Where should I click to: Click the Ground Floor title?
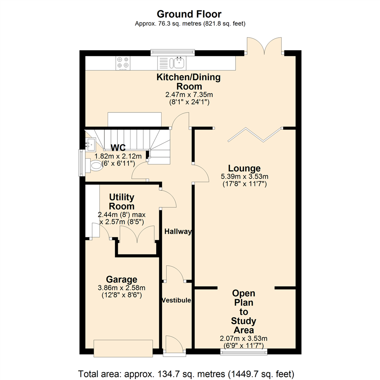(x=189, y=14)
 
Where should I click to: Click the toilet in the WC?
(x=95, y=166)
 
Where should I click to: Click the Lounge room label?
(x=244, y=168)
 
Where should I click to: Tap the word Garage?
(x=112, y=280)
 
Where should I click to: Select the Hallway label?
(x=178, y=232)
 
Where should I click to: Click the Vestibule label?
(x=176, y=300)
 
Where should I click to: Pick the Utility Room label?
(x=121, y=202)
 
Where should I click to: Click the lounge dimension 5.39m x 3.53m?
(x=244, y=176)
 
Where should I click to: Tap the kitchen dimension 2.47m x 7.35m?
(x=189, y=95)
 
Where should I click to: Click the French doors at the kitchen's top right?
(x=264, y=46)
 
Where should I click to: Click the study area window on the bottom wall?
(x=244, y=351)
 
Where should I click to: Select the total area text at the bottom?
(x=189, y=373)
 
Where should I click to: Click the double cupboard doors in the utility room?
(x=137, y=235)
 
